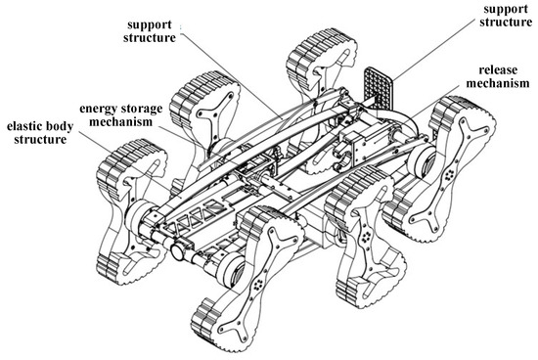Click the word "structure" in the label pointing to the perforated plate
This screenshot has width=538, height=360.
click(x=506, y=22)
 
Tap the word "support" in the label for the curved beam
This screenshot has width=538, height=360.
click(x=150, y=24)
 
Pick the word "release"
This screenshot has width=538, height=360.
click(x=498, y=70)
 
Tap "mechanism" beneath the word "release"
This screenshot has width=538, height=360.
click(x=498, y=83)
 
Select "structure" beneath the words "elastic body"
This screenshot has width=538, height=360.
click(x=40, y=139)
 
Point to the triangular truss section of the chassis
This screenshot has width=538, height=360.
click(x=192, y=217)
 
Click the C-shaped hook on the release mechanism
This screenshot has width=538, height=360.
click(x=341, y=157)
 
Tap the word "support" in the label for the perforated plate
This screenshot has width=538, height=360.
click(x=506, y=9)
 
